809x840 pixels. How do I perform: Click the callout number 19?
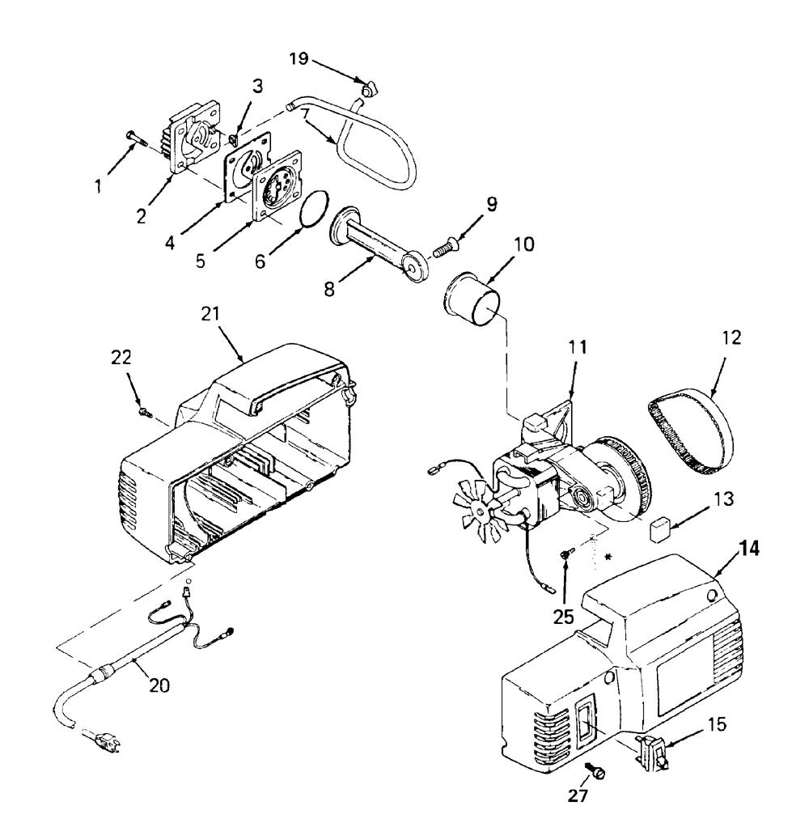pos(299,58)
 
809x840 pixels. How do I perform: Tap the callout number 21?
pos(210,313)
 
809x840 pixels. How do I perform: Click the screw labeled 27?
pos(595,771)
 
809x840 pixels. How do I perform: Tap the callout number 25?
pos(564,617)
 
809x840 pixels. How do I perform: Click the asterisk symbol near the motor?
pos(608,557)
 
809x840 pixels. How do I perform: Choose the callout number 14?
pos(749,549)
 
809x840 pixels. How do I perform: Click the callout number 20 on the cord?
pos(159,685)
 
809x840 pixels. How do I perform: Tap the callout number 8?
pos(329,289)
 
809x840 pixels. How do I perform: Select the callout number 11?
pos(577,347)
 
